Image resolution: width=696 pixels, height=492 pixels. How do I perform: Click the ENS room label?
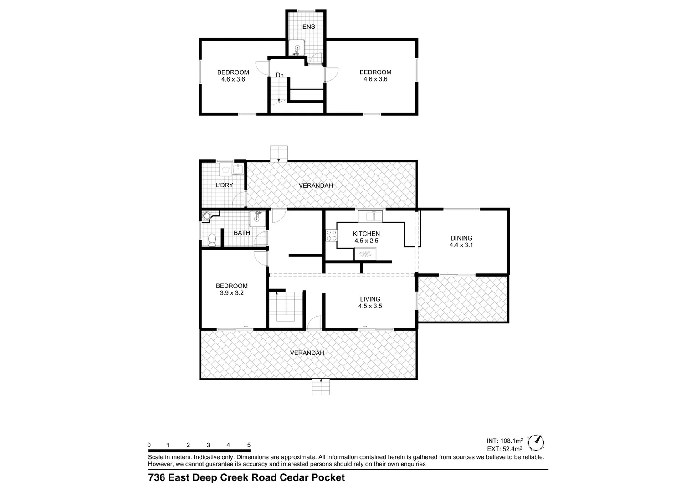click(x=308, y=27)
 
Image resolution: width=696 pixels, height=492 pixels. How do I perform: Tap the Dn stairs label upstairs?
click(x=280, y=75)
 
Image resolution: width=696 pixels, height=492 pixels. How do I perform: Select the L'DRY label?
click(x=224, y=185)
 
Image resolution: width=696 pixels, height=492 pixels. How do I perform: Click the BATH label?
click(x=242, y=233)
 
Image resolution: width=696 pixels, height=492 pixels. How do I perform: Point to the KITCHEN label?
click(x=366, y=234)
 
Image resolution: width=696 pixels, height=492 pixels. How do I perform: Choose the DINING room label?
click(x=461, y=238)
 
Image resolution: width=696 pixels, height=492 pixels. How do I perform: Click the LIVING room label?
click(x=370, y=299)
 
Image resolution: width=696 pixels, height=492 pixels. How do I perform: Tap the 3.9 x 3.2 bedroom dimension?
click(x=231, y=293)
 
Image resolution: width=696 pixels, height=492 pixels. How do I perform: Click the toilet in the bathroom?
click(x=211, y=240)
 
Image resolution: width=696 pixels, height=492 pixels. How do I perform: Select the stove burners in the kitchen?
click(x=331, y=235)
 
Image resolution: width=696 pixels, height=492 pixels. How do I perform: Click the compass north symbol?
click(x=537, y=441)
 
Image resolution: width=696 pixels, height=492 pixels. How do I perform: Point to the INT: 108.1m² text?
click(x=505, y=441)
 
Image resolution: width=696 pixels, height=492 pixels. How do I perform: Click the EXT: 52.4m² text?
click(x=505, y=449)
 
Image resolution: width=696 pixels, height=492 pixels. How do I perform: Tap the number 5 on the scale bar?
click(x=249, y=445)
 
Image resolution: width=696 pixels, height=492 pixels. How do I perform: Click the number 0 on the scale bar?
click(x=149, y=445)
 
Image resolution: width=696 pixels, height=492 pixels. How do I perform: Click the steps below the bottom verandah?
click(x=321, y=387)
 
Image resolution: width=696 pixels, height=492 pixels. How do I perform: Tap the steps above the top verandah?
click(x=279, y=153)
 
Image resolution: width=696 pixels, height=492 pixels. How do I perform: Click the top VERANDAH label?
click(x=316, y=185)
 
